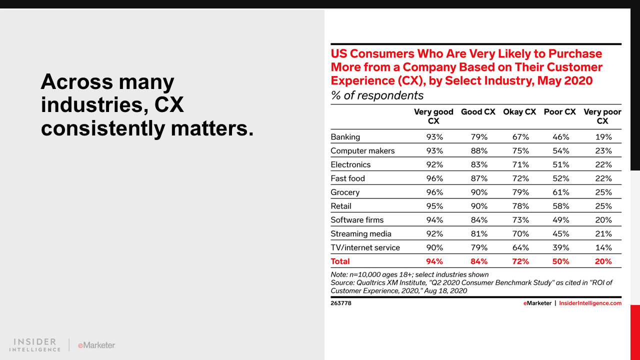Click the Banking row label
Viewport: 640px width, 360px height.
(345, 137)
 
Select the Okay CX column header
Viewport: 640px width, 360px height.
(519, 112)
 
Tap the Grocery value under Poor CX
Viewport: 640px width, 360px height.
(560, 192)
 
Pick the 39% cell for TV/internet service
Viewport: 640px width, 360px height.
(560, 247)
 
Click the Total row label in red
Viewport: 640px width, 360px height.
(340, 261)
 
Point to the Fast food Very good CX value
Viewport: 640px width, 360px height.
(434, 178)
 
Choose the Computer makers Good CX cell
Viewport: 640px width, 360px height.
(478, 151)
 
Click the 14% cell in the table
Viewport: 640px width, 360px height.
(603, 247)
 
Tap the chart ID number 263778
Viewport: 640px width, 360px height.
(341, 303)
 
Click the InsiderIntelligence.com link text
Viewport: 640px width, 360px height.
(590, 303)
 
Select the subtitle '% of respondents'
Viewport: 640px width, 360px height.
(377, 95)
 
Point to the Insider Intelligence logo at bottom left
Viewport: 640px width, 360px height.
(34, 345)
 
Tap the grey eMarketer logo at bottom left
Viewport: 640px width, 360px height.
(96, 345)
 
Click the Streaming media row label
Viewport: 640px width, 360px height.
(360, 234)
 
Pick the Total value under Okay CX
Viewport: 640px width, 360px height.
(519, 261)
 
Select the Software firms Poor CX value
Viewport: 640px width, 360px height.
(560, 220)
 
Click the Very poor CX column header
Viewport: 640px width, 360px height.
(602, 116)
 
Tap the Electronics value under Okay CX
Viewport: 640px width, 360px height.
(519, 165)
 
